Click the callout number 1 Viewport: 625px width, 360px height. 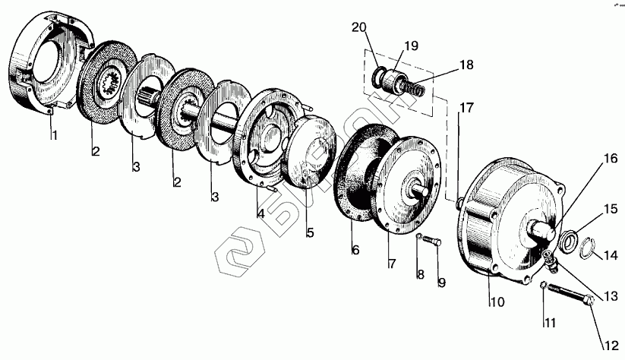pyautogui.click(x=54, y=136)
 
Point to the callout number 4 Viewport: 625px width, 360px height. pyautogui.click(x=260, y=214)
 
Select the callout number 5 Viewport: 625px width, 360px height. pyautogui.click(x=310, y=233)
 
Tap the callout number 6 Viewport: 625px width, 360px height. pyautogui.click(x=353, y=249)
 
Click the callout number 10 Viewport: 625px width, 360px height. pyautogui.click(x=497, y=302)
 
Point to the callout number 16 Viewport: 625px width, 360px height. pyautogui.click(x=610, y=159)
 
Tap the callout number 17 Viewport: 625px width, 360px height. pyautogui.click(x=466, y=108)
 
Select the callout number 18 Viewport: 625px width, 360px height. pyautogui.click(x=466, y=65)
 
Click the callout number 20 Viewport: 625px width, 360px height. pyautogui.click(x=358, y=28)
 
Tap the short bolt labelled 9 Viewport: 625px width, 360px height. pyautogui.click(x=434, y=242)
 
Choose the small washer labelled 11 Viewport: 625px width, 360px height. pyautogui.click(x=544, y=286)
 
